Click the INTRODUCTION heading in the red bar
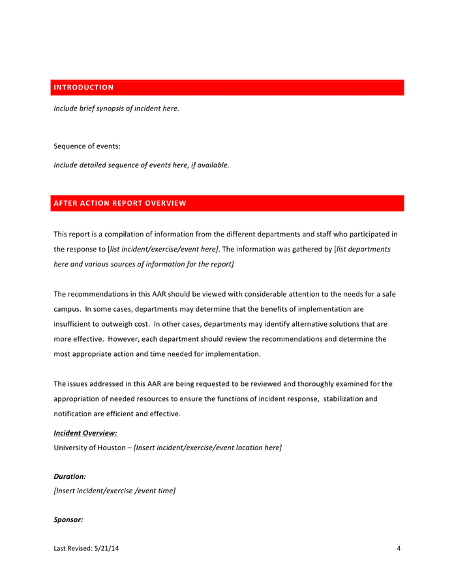click(83, 88)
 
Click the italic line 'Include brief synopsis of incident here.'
click(116, 108)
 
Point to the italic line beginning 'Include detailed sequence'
click(142, 165)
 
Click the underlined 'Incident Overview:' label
click(85, 433)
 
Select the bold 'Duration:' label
click(70, 477)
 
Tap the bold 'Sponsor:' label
click(68, 520)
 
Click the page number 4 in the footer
click(399, 548)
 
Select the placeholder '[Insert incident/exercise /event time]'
click(114, 491)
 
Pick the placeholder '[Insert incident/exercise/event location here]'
click(207, 448)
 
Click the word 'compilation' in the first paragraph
click(133, 234)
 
